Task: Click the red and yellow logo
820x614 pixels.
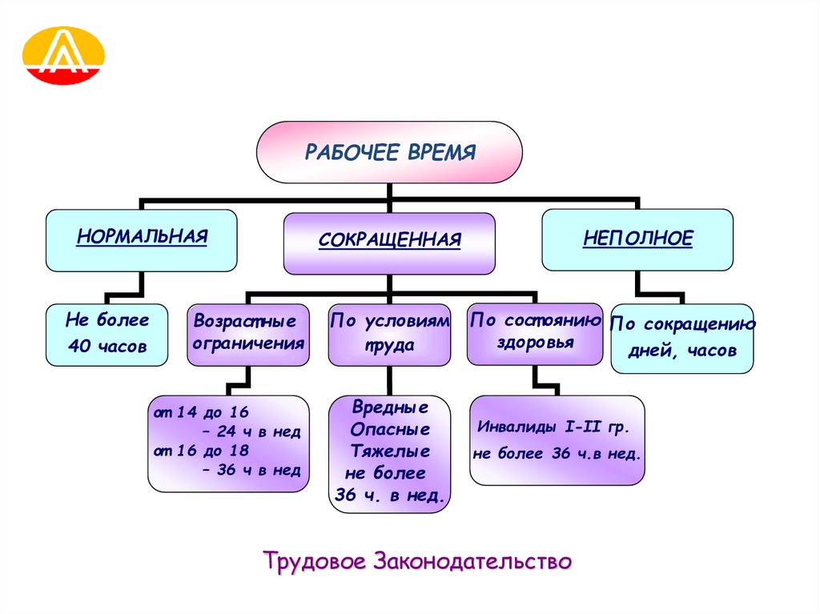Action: click(65, 55)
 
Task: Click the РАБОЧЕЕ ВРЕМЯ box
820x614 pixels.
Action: click(389, 153)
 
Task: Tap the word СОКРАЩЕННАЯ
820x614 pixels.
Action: click(389, 239)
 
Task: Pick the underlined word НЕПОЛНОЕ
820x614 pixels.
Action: click(637, 238)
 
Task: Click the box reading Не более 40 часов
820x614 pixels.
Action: click(107, 334)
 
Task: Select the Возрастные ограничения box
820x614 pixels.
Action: click(248, 333)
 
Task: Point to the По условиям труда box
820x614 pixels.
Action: click(389, 333)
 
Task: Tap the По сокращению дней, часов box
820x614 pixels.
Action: click(681, 338)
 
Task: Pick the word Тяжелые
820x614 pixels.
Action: click(389, 451)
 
